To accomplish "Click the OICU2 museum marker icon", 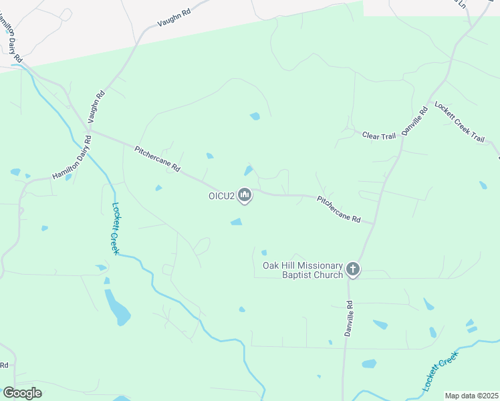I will (x=245, y=196).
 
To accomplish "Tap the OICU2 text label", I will (x=220, y=196).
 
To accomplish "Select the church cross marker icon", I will (x=352, y=270).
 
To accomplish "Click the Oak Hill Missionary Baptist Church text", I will (x=302, y=270).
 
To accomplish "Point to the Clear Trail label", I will (x=379, y=136).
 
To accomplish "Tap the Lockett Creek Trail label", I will (x=459, y=122).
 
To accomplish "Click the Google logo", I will (x=21, y=392).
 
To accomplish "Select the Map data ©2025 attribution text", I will (x=471, y=396).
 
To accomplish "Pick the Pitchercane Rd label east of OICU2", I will (x=339, y=209).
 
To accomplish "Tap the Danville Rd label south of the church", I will (x=348, y=318).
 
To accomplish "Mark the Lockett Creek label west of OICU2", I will (x=115, y=228).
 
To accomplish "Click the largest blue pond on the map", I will (x=117, y=307).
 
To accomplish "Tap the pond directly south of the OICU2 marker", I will (x=236, y=222).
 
